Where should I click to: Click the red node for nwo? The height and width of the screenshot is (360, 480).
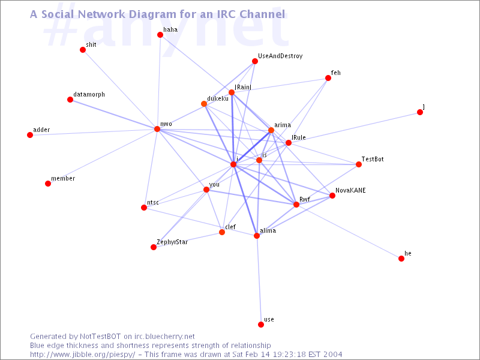157,129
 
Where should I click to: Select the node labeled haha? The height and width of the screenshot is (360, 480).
160,35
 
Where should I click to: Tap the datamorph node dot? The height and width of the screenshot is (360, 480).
70,100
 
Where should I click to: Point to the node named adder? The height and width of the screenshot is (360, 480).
30,135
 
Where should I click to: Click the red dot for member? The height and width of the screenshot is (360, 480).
48,184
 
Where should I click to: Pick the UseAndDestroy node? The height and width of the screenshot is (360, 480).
255,61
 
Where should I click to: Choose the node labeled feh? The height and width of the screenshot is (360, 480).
328,78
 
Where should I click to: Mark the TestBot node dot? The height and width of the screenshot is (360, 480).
359,164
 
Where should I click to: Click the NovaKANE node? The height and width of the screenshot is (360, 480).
332,196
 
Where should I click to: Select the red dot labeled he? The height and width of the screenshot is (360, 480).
401,259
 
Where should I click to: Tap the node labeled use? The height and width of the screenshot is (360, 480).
261,325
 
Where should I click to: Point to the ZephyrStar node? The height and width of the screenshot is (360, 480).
154,247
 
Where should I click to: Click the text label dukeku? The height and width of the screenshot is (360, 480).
218,98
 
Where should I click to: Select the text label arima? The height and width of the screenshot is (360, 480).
283,125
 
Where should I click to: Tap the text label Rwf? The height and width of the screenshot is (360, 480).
305,199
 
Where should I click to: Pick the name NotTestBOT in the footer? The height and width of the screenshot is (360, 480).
100,337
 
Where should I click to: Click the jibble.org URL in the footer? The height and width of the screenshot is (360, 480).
82,355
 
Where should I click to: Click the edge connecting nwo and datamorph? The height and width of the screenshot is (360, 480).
113,115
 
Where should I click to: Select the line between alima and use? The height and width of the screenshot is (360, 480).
259,280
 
